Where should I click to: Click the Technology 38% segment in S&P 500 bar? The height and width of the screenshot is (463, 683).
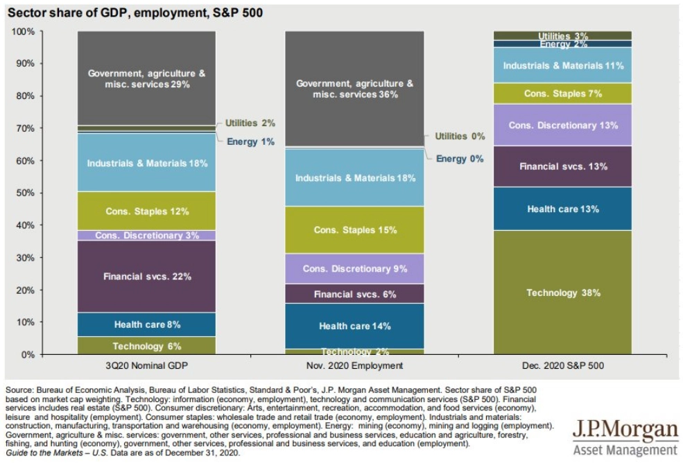pyautogui.click(x=562, y=292)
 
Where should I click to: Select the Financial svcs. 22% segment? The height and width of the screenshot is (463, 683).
pyautogui.click(x=147, y=277)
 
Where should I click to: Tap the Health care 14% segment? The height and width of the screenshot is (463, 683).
pyautogui.click(x=354, y=326)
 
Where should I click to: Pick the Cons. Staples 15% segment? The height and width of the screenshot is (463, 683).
pyautogui.click(x=354, y=230)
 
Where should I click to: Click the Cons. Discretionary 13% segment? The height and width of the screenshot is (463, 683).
pyautogui.click(x=562, y=125)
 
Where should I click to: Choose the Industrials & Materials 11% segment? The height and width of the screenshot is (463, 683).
pyautogui.click(x=562, y=65)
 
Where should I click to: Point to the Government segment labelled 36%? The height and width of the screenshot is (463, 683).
pyautogui.click(x=354, y=89)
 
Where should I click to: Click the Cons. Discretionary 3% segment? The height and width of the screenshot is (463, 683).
pyautogui.click(x=147, y=235)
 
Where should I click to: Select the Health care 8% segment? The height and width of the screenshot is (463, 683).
pyautogui.click(x=147, y=324)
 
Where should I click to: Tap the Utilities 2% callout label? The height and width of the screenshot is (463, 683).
pyautogui.click(x=250, y=123)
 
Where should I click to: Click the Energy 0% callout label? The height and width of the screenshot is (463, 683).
pyautogui.click(x=460, y=159)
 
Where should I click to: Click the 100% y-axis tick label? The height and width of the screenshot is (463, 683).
pyautogui.click(x=23, y=31)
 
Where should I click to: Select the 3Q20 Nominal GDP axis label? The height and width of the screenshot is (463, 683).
pyautogui.click(x=147, y=366)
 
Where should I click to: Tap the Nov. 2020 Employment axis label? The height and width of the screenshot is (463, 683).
pyautogui.click(x=354, y=366)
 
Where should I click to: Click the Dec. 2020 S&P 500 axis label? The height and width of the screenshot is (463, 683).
pyautogui.click(x=563, y=366)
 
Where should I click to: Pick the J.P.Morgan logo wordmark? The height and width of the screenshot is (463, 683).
pyautogui.click(x=625, y=430)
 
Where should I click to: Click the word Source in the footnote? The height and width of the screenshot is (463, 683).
pyautogui.click(x=19, y=390)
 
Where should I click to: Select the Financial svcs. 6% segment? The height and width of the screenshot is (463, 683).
pyautogui.click(x=354, y=294)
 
